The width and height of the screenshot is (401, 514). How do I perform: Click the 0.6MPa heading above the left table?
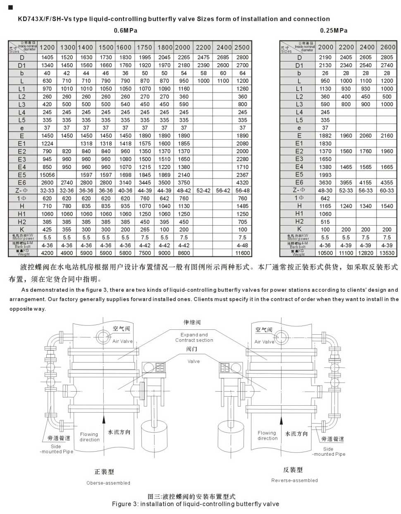click(125, 30)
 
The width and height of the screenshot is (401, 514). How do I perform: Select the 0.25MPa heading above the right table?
click(334, 30)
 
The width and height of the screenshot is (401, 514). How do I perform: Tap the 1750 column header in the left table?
click(144, 48)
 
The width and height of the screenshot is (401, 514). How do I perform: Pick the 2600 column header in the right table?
click(387, 48)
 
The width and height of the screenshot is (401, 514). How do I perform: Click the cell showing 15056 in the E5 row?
click(47, 175)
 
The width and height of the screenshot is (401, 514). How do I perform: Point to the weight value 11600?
click(242, 253)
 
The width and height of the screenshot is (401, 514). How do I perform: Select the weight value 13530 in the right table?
click(387, 253)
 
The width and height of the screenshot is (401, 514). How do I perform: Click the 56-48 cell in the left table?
click(242, 190)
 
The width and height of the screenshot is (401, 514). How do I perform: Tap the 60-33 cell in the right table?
click(387, 190)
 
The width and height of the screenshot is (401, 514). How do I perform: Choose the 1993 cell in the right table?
click(325, 175)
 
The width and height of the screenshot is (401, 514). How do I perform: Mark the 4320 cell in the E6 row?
click(242, 183)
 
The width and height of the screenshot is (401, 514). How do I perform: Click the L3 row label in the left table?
click(22, 105)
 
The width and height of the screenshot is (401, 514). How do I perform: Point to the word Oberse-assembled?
click(108, 483)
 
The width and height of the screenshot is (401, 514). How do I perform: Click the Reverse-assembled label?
click(294, 480)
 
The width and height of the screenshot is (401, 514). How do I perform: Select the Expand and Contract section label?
click(194, 338)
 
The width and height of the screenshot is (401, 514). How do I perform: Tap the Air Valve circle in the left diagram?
click(103, 334)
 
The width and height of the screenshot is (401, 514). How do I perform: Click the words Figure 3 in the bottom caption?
click(124, 504)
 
